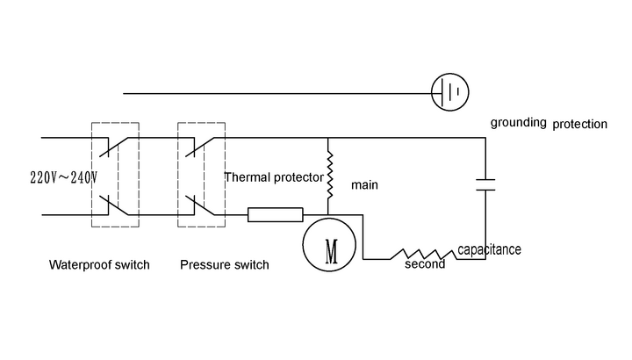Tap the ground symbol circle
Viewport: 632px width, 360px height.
pyautogui.click(x=450, y=91)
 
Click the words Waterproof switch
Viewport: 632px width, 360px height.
pyautogui.click(x=99, y=265)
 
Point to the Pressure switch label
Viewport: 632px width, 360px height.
pyautogui.click(x=224, y=265)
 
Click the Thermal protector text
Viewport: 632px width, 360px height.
pyautogui.click(x=274, y=176)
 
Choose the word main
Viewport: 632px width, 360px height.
pyautogui.click(x=364, y=185)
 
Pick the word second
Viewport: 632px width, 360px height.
pyautogui.click(x=425, y=263)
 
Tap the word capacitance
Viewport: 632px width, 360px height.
pyautogui.click(x=489, y=250)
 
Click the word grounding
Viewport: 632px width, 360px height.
pyautogui.click(x=519, y=122)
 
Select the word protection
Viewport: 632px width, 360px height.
pyautogui.click(x=579, y=124)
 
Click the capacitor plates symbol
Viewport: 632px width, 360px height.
pyautogui.click(x=485, y=184)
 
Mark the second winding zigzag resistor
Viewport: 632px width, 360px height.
pyautogui.click(x=426, y=251)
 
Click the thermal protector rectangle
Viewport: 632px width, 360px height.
pyautogui.click(x=276, y=214)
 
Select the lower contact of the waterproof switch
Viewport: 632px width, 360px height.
pyautogui.click(x=116, y=207)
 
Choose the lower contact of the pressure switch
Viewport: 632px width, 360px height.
pyautogui.click(x=202, y=207)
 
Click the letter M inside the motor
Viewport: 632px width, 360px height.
pyautogui.click(x=332, y=247)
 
